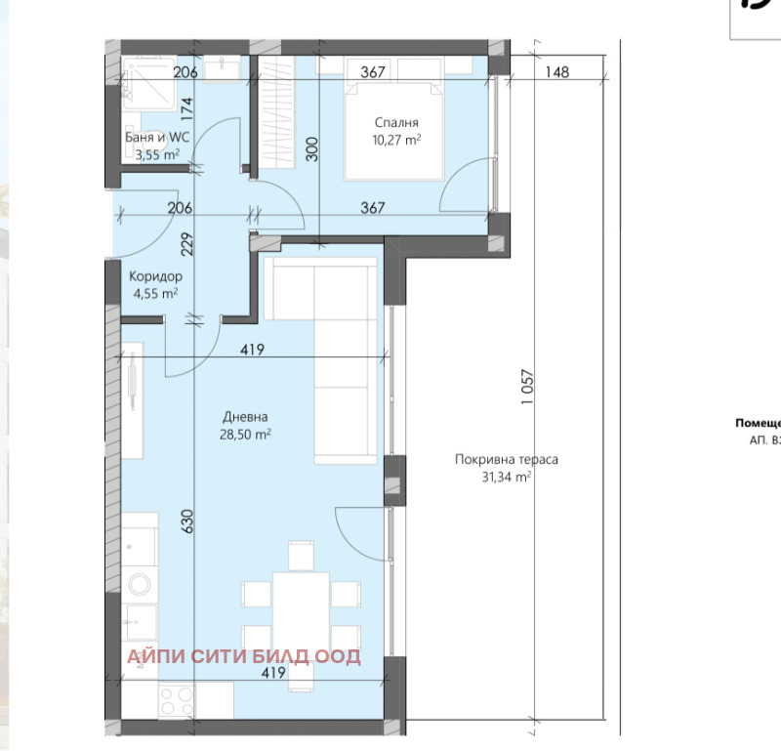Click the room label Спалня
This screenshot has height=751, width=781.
396,123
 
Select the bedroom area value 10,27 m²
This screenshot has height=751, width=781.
397,140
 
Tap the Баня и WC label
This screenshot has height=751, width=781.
156,138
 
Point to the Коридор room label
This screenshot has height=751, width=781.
155,275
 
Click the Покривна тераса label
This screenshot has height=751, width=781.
506,459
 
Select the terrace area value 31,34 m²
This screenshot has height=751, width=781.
506,477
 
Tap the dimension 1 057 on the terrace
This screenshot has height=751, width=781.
528,386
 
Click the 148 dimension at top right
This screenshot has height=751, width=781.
557,71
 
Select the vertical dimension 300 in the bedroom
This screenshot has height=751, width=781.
311,147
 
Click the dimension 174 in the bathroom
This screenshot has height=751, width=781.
186,108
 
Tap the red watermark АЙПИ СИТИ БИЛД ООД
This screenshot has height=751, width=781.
243,656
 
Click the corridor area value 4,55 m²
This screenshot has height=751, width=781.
155,292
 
